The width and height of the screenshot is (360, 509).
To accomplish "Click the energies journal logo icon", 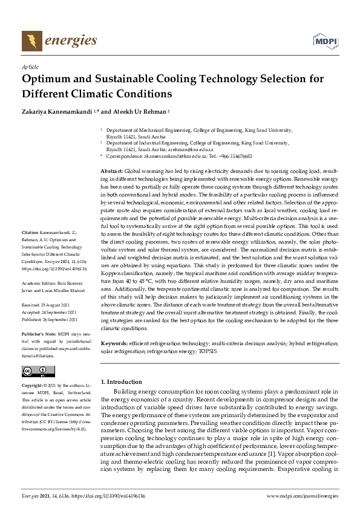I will [30, 41].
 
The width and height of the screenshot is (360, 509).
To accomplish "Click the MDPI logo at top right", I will [326, 41].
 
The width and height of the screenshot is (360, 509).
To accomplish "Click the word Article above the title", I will [30, 66].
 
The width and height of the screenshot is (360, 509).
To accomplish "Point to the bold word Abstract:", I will [111, 172].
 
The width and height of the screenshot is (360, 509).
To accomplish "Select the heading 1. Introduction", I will [121, 381].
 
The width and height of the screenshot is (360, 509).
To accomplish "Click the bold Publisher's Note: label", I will [38, 334].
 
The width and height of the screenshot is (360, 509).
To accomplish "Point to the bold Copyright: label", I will [33, 385].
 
